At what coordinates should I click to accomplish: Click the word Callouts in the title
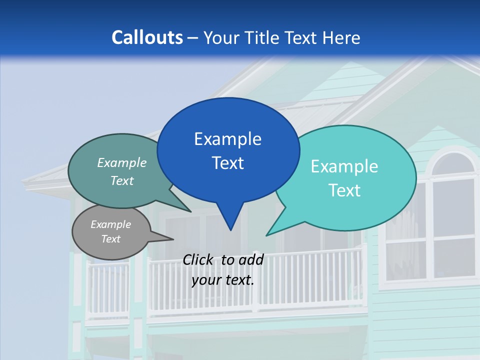(x=147, y=37)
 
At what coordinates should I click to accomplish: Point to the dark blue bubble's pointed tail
(x=230, y=220)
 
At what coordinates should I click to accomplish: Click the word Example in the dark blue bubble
(x=228, y=139)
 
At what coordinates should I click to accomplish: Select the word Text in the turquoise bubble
(x=344, y=190)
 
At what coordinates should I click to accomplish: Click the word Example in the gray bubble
(x=111, y=224)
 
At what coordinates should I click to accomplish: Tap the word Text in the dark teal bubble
(x=122, y=180)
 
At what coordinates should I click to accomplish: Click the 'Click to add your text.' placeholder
(x=223, y=270)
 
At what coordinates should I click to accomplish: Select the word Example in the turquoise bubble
(x=344, y=166)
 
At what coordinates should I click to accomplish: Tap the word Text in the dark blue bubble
(x=228, y=163)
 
